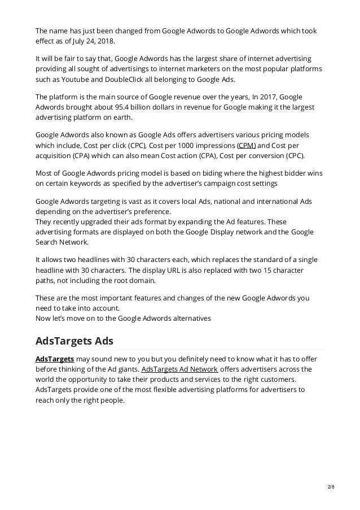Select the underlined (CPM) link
247,145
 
